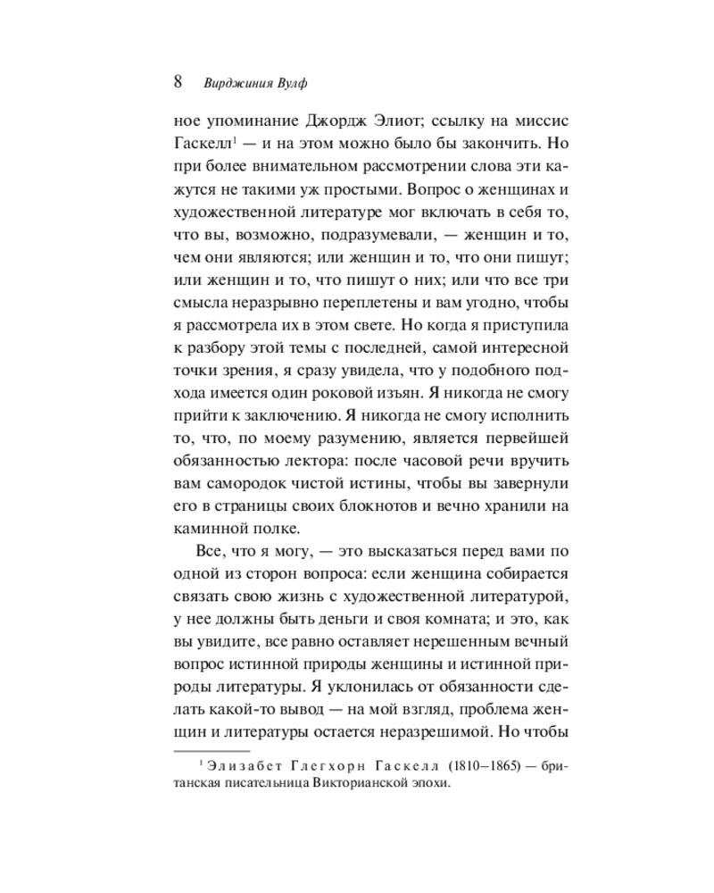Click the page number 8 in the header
[177, 82]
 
